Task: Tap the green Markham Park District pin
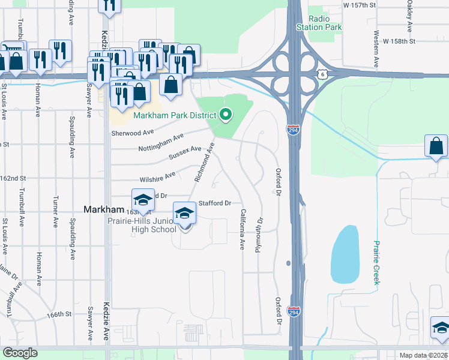(226, 113)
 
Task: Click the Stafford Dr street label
(215, 203)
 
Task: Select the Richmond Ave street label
(204, 163)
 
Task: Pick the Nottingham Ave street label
(161, 143)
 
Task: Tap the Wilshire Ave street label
(157, 176)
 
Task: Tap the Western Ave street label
(376, 50)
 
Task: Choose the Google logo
(20, 353)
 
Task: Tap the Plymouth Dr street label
(260, 235)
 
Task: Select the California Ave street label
(243, 229)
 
